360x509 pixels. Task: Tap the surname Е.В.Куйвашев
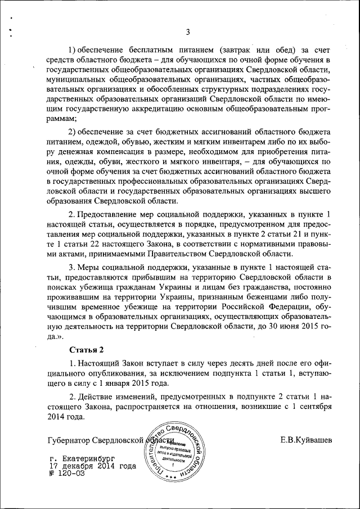point(307,439)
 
